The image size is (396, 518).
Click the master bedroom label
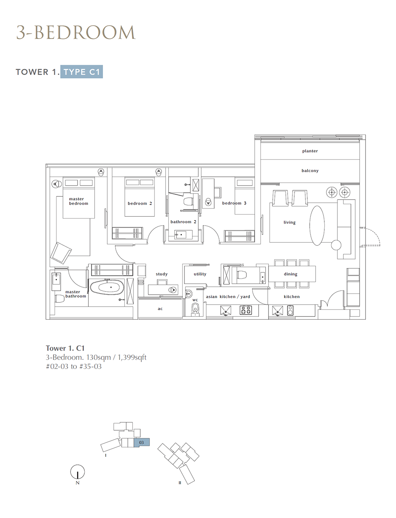[x=78, y=201]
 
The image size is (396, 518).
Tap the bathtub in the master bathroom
[x=107, y=288]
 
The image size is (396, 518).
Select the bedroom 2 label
[x=140, y=203]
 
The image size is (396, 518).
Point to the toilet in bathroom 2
[x=189, y=201]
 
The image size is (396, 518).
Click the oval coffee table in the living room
[x=317, y=226]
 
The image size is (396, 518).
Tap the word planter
[x=310, y=151]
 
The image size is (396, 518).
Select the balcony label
[x=310, y=171]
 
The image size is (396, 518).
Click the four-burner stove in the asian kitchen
[x=246, y=310]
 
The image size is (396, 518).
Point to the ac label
[x=160, y=309]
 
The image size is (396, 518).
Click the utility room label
[x=200, y=274]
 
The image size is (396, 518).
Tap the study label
[x=162, y=274]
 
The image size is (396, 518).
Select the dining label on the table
[x=290, y=274]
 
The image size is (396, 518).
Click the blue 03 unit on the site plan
[x=142, y=442]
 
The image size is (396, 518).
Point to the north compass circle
[x=77, y=472]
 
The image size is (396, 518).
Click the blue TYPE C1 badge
[x=82, y=71]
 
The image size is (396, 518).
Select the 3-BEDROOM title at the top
[x=76, y=32]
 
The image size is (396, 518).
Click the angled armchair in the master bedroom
[x=61, y=253]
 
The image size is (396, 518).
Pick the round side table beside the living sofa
[x=336, y=245]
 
